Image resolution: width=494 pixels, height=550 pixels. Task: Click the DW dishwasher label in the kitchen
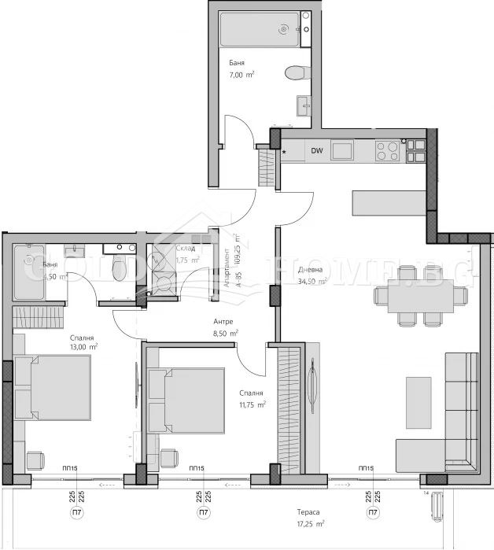[317, 151]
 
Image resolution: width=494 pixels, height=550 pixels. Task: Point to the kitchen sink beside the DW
[343, 149]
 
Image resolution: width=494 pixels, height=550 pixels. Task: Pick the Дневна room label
[311, 270]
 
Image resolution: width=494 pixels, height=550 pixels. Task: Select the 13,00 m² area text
[82, 346]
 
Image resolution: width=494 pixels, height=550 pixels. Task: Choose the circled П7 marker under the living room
[371, 513]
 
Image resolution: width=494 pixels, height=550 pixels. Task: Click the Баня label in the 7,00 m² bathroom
[237, 63]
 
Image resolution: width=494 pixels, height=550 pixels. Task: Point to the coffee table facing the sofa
[418, 401]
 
